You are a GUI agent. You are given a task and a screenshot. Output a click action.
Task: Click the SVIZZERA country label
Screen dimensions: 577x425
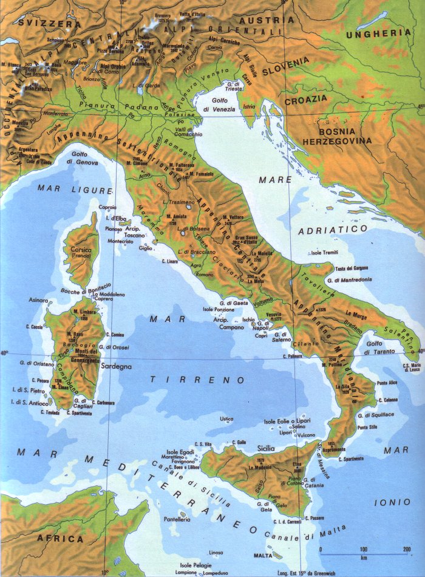click(41, 22)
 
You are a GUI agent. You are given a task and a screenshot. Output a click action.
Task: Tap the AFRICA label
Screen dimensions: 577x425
click(60, 538)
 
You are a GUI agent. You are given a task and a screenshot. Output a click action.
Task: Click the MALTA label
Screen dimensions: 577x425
click(262, 555)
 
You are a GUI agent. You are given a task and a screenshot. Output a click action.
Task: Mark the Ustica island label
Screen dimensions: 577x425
click(226, 418)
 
